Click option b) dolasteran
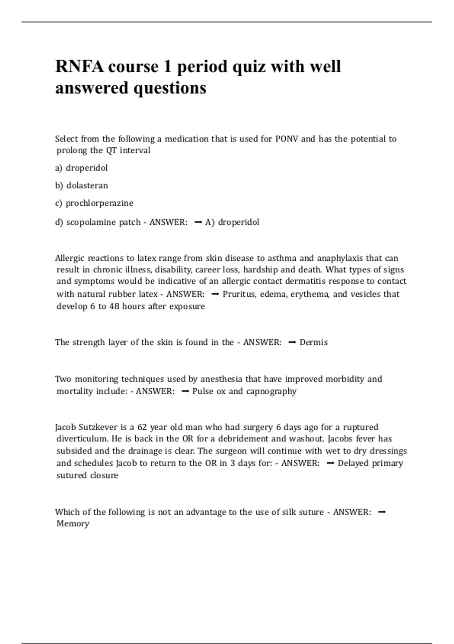(x=81, y=186)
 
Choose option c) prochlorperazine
(x=94, y=203)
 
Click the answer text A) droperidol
(x=232, y=222)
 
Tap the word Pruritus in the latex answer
(x=239, y=294)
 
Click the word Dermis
(x=314, y=342)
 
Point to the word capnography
(x=271, y=391)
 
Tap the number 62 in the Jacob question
(x=142, y=427)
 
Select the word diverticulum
(x=82, y=439)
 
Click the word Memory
(x=73, y=524)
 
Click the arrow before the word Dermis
(x=292, y=342)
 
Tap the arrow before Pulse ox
(x=185, y=391)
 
